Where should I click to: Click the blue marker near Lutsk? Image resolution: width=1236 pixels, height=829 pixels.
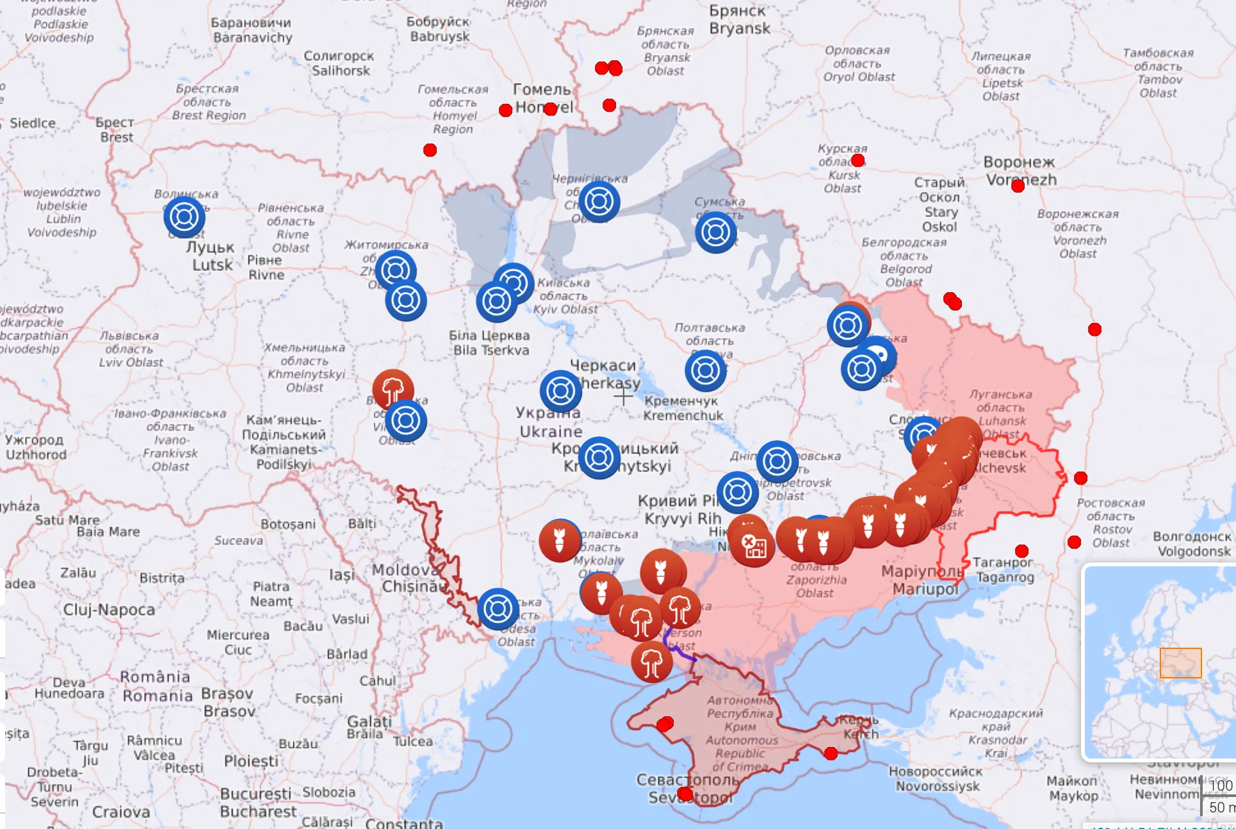(184, 217)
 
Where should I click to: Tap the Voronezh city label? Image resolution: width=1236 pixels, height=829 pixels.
(1020, 171)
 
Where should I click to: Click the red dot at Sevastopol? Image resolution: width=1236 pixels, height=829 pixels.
(685, 794)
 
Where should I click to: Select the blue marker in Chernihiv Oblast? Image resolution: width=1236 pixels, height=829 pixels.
(599, 201)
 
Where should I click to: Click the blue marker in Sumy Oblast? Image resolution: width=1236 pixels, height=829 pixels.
(715, 232)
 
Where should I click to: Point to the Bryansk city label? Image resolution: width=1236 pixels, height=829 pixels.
(739, 20)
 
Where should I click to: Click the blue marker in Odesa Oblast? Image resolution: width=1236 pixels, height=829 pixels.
(498, 609)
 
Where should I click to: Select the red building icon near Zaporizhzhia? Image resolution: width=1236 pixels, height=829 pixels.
(754, 546)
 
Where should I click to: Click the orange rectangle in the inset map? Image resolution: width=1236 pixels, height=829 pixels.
(1180, 662)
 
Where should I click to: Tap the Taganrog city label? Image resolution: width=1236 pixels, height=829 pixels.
(1004, 570)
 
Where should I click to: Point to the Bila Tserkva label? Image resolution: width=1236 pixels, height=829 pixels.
(491, 343)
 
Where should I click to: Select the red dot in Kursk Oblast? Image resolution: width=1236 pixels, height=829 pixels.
(858, 160)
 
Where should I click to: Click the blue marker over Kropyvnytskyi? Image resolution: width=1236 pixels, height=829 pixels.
(599, 457)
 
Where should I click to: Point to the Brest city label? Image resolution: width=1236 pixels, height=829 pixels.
(115, 129)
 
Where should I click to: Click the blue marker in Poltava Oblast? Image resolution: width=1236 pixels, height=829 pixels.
(705, 370)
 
